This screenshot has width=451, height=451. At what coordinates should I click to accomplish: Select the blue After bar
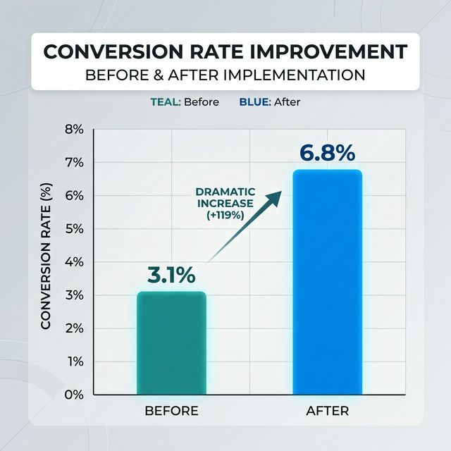click(328, 282)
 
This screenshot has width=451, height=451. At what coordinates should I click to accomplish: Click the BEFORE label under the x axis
click(171, 411)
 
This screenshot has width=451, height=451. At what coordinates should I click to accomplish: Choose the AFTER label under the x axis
click(328, 411)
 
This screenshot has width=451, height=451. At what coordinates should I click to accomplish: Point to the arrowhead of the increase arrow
click(276, 195)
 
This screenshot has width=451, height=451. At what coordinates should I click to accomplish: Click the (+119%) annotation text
click(225, 216)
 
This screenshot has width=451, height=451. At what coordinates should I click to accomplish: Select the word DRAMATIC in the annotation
click(225, 192)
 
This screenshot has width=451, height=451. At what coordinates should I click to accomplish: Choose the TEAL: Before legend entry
click(185, 102)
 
